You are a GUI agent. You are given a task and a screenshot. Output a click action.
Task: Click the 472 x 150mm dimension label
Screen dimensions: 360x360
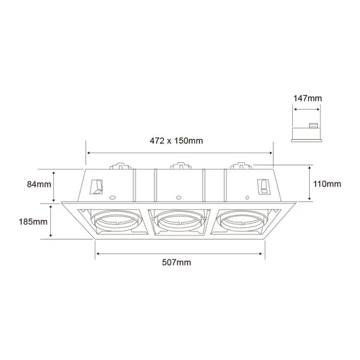pyautogui.click(x=178, y=141)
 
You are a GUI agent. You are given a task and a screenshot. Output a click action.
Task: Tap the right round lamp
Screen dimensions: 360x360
pyautogui.click(x=242, y=222)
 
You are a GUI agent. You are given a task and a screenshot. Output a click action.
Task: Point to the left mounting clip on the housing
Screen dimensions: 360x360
pyautogui.click(x=97, y=187)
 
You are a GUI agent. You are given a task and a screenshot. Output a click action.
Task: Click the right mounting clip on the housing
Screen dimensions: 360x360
pyautogui.click(x=264, y=187)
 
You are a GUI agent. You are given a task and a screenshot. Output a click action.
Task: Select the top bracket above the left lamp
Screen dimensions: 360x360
pyautogui.click(x=120, y=167)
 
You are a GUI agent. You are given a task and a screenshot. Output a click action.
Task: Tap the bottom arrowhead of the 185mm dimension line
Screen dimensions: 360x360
pyautogui.click(x=53, y=237)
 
